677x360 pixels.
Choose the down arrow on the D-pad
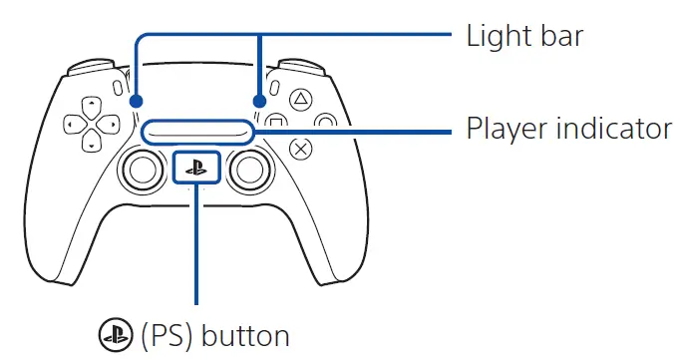90,146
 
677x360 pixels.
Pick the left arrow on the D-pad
70,124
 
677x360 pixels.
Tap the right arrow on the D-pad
111,124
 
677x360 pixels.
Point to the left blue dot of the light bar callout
136,101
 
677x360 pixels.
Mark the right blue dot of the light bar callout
260,101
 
